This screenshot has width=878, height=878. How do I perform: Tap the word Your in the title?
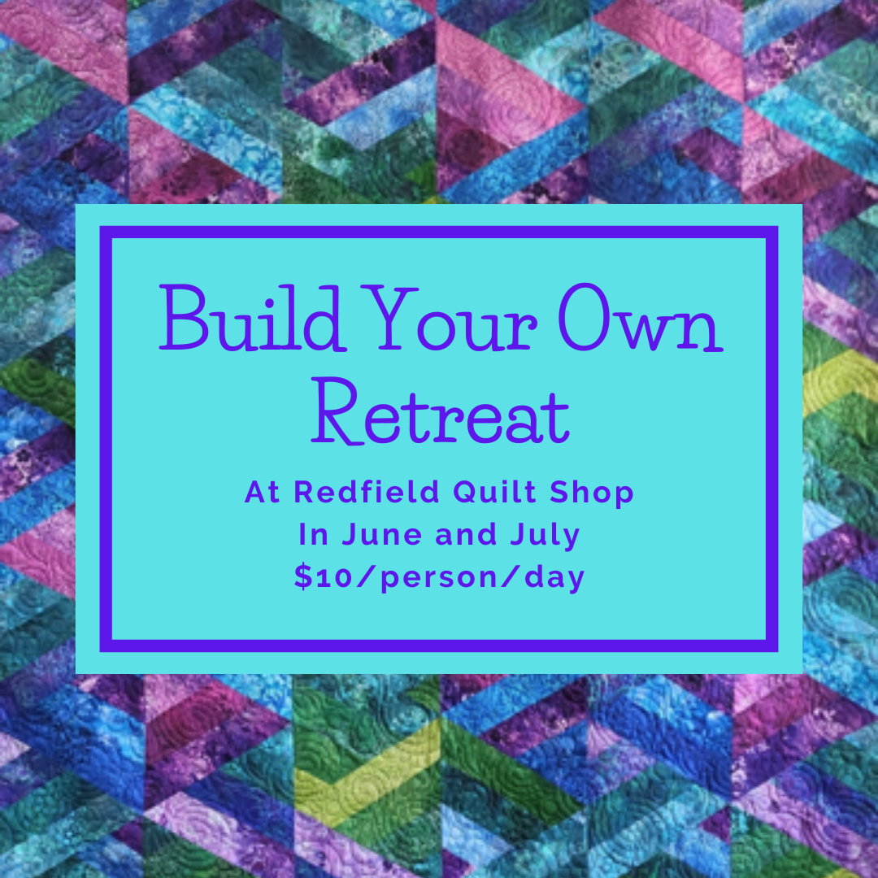pyautogui.click(x=449, y=318)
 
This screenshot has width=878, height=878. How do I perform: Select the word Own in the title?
pyautogui.click(x=640, y=318)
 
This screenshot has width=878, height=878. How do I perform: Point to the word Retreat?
pyautogui.click(x=441, y=411)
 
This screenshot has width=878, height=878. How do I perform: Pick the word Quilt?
pyautogui.click(x=495, y=492)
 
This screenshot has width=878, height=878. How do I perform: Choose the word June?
pyautogui.click(x=382, y=535)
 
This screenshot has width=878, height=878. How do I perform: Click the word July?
pyautogui.click(x=545, y=536)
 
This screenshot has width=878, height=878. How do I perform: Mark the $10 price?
pyautogui.click(x=323, y=576)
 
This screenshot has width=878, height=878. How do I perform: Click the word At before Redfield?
pyautogui.click(x=262, y=492)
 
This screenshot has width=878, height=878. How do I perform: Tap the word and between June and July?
pyautogui.click(x=466, y=535)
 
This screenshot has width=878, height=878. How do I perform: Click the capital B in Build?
pyautogui.click(x=185, y=318)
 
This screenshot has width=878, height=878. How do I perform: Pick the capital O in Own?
pyautogui.click(x=584, y=318)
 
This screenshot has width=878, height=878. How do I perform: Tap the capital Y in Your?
pyautogui.click(x=389, y=318)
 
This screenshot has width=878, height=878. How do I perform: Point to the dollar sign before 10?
pyautogui.click(x=303, y=576)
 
